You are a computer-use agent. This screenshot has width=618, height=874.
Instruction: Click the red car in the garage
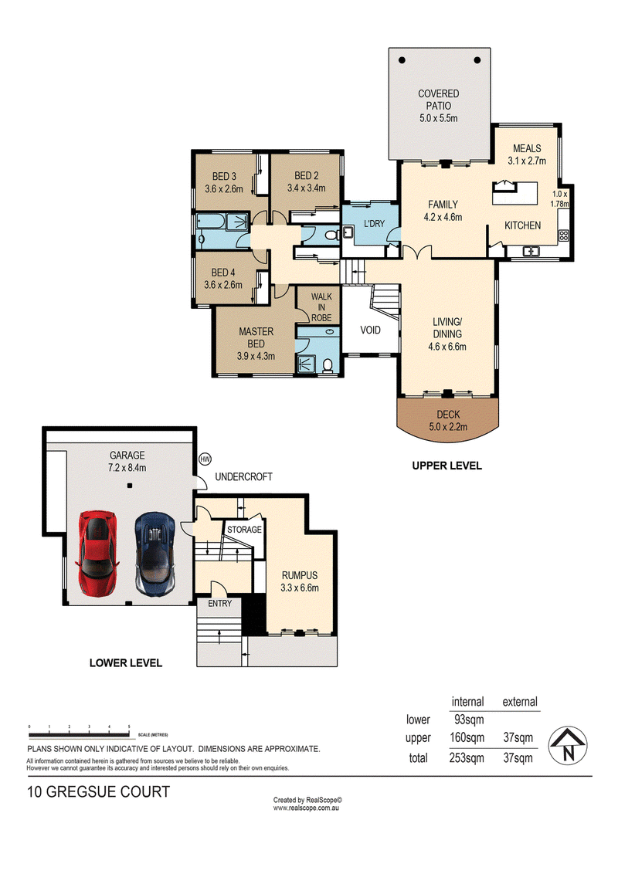pos(99,554)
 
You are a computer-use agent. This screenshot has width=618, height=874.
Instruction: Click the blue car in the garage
pos(155,554)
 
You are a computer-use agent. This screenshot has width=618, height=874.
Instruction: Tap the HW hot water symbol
pos(205,459)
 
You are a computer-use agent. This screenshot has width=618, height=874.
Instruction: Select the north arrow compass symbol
pos(568,746)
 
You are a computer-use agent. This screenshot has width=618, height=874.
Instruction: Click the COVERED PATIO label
pos(439,100)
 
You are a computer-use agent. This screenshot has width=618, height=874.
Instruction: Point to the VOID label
pos(370,330)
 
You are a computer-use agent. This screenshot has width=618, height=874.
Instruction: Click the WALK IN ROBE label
pos(321,307)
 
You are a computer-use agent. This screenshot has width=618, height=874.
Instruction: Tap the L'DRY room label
pos(374,223)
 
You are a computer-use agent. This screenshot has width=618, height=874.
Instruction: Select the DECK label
pos(449,414)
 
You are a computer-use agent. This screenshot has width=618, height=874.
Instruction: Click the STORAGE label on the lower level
pos(244,530)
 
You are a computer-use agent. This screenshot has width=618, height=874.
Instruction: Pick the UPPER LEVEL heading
pos(447,466)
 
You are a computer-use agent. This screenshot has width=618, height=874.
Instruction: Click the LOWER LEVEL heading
pos(125,662)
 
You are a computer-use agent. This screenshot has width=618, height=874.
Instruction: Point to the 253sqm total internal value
pos(467,758)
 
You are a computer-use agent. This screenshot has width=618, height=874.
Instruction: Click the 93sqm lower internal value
pos(469,720)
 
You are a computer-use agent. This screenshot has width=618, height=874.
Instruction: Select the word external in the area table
pos(520,702)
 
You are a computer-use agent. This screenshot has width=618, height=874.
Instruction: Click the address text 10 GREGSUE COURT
pos(99,792)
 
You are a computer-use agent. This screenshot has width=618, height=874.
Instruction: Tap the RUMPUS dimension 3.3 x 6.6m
pos(300,588)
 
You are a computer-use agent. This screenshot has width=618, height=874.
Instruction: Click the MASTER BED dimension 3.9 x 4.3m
pos(256,356)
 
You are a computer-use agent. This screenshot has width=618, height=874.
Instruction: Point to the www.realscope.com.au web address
pos(306,808)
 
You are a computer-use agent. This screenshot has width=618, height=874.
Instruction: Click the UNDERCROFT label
pos(244,476)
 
